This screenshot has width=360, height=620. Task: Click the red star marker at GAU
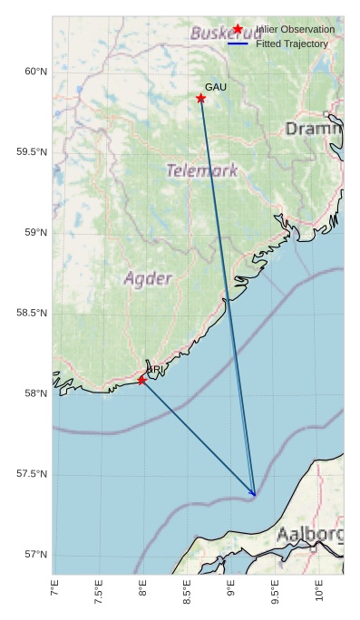[x=200, y=98]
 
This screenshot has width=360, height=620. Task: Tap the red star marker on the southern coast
[x=141, y=380]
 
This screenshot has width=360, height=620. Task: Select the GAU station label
[x=216, y=87]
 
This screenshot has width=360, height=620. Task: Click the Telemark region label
[x=202, y=170]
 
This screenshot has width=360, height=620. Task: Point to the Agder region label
[x=147, y=278]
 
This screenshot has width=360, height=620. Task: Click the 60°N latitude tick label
[x=34, y=72]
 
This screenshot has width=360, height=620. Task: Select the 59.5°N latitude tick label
[x=31, y=152]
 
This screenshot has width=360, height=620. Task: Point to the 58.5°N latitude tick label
[x=31, y=314]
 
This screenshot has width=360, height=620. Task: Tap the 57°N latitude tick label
[x=34, y=555]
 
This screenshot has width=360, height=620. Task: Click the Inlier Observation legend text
[x=295, y=30]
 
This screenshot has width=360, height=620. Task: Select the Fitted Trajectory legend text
[x=292, y=44]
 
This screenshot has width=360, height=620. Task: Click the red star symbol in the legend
[x=238, y=29]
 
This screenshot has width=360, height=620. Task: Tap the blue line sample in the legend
[x=238, y=44]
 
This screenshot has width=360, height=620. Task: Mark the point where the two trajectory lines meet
[x=255, y=496]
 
